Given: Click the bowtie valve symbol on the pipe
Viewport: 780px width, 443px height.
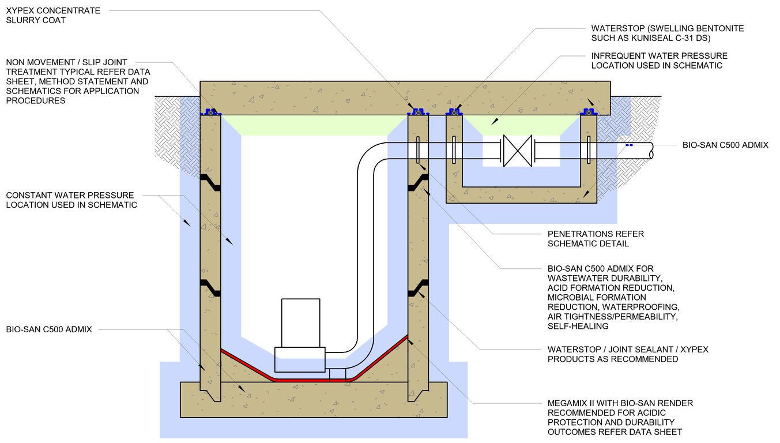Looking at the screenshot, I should [x=517, y=151].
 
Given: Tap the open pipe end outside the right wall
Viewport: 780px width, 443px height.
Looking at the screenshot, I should [x=650, y=151].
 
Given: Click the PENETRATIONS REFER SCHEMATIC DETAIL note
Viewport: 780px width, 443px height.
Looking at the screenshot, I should [x=596, y=239].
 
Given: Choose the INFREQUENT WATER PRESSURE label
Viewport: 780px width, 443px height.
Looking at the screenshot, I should [x=659, y=61].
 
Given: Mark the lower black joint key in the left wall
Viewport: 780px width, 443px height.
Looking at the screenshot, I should [x=210, y=288].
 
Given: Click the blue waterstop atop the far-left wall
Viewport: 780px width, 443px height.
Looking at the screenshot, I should [x=210, y=112].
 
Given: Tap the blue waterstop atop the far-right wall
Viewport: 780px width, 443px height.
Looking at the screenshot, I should [x=589, y=112].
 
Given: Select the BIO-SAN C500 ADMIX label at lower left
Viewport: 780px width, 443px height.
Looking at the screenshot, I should [x=49, y=329].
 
